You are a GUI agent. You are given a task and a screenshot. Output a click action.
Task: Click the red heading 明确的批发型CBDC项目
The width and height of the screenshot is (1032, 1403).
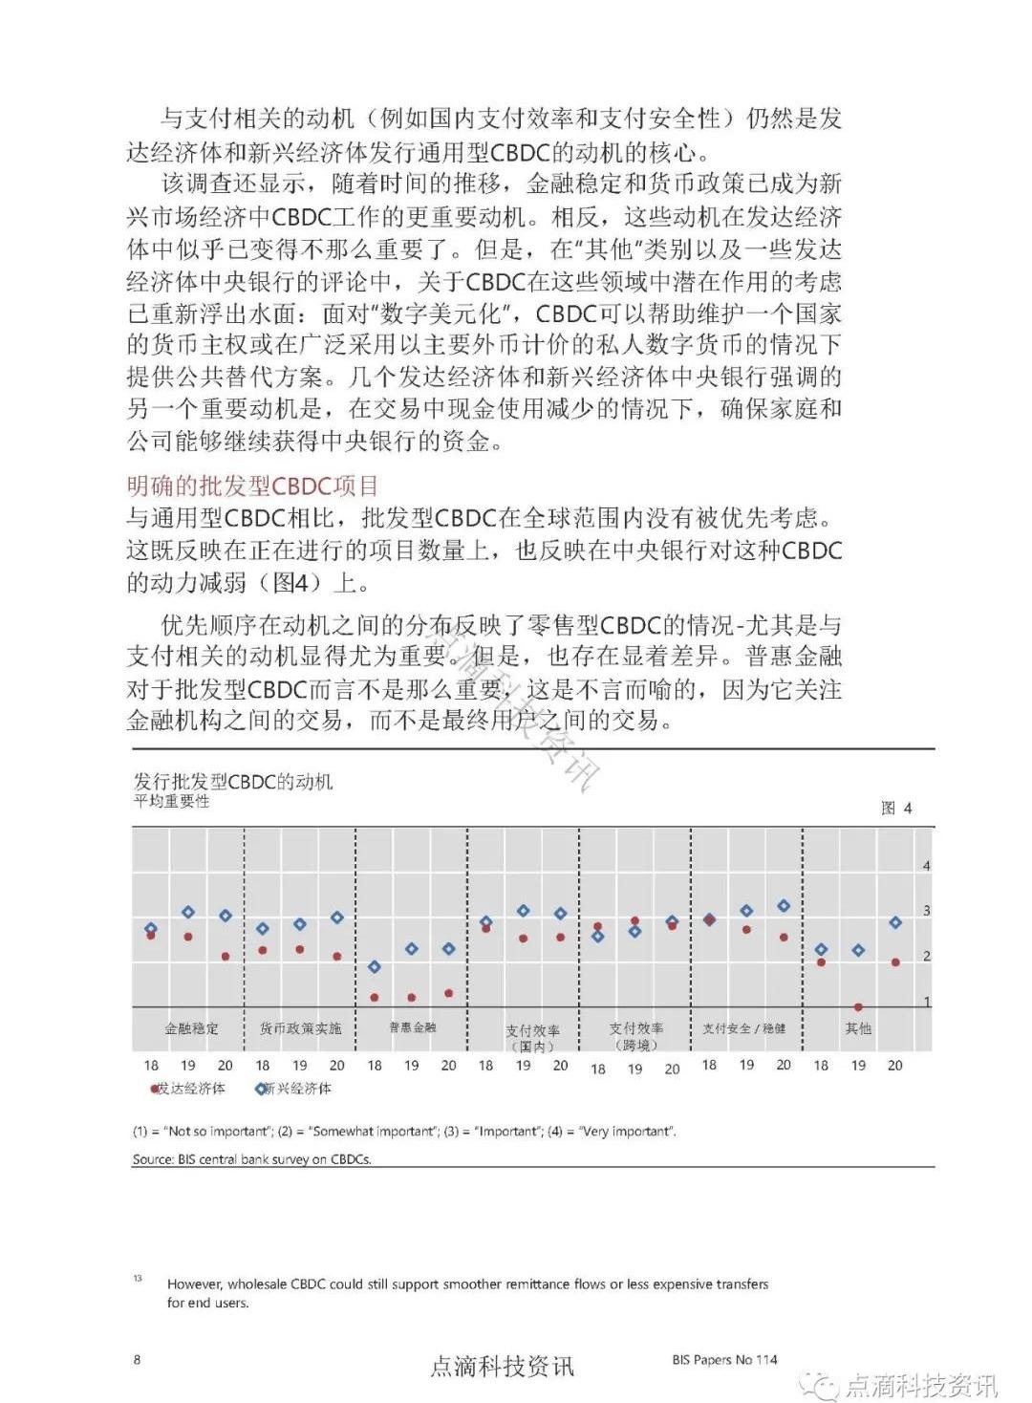pos(252,486)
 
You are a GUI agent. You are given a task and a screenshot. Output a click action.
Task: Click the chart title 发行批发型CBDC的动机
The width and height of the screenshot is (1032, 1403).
pos(233,781)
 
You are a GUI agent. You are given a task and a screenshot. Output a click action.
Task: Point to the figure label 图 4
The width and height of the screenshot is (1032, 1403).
pos(895,809)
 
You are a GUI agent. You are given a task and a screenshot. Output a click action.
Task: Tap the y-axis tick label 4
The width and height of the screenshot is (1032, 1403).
pos(926,866)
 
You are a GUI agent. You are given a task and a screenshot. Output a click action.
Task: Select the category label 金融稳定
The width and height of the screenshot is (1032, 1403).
pos(191,1028)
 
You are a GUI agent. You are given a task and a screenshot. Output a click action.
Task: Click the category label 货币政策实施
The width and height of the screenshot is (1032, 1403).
pos(300,1028)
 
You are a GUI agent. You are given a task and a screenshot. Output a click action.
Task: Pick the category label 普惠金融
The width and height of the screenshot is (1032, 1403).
pos(413,1027)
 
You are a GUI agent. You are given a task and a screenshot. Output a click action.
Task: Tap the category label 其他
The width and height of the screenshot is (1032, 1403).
pos(858,1028)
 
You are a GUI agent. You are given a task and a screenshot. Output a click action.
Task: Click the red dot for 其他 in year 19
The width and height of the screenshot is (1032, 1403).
pos(858,1007)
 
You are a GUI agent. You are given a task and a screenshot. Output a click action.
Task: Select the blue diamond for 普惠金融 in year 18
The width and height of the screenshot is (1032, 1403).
pos(375,967)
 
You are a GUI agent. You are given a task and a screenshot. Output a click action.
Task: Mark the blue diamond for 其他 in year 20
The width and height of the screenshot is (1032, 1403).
pos(895,922)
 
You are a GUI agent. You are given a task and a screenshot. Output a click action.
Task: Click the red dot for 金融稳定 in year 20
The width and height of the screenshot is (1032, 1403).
pos(226,956)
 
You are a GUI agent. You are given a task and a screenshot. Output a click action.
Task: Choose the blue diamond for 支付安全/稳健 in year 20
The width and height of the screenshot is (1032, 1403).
pos(784,905)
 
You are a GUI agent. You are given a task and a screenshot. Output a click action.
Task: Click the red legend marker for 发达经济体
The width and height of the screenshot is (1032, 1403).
pos(154,1089)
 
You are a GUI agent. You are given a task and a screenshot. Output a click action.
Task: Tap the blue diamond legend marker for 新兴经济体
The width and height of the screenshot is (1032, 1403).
pos(260,1089)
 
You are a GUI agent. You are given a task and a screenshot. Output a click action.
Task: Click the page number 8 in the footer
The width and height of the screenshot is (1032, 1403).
pos(137,1359)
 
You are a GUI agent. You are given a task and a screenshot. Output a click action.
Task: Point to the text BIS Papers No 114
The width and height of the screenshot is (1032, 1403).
pos(724,1359)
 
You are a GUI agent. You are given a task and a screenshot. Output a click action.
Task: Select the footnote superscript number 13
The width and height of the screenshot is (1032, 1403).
pos(138,1278)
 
